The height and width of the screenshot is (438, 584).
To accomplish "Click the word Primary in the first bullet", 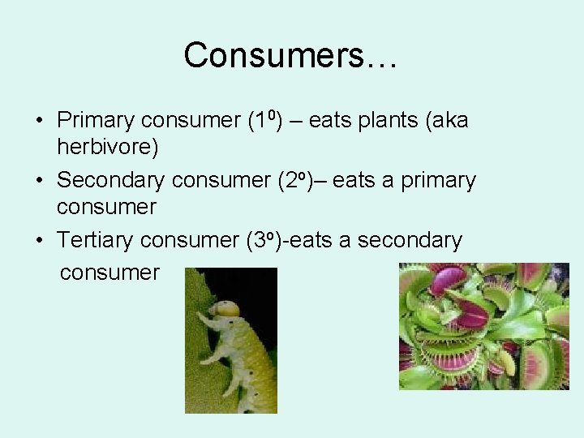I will tap(95, 121).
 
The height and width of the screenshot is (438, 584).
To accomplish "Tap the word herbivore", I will tap(107, 147).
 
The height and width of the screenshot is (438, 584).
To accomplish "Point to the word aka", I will tap(449, 121).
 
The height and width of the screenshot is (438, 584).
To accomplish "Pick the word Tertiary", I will tap(95, 240).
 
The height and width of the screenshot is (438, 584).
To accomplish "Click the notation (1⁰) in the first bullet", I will tap(264, 120).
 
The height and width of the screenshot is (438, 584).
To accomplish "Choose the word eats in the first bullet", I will tap(330, 121).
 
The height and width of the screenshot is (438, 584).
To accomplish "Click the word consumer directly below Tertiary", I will tap(109, 272).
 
